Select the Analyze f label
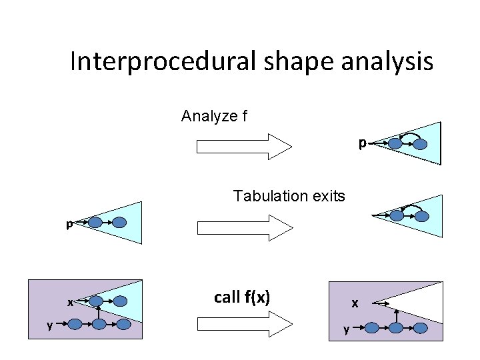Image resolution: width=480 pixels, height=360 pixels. pyautogui.click(x=214, y=116)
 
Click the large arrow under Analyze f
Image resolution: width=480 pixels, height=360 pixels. pyautogui.click(x=244, y=146)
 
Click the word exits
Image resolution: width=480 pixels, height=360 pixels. pyautogui.click(x=327, y=196)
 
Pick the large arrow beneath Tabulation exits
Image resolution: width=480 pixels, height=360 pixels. pyautogui.click(x=244, y=227)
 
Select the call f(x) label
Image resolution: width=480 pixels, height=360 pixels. pyautogui.click(x=241, y=297)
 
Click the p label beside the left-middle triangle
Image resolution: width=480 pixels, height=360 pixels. pyautogui.click(x=69, y=225)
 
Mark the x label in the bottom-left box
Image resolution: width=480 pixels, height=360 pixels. pyautogui.click(x=70, y=302)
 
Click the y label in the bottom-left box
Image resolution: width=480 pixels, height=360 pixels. pyautogui.click(x=49, y=325)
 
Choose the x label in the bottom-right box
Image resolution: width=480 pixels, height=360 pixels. pyautogui.click(x=355, y=303)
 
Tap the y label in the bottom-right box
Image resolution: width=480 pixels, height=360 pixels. pyautogui.click(x=345, y=329)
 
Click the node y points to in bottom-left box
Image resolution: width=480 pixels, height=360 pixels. pyautogui.click(x=75, y=325)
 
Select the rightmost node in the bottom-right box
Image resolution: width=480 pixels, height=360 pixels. pyautogui.click(x=421, y=328)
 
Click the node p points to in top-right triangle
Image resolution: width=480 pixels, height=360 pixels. pyautogui.click(x=395, y=143)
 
